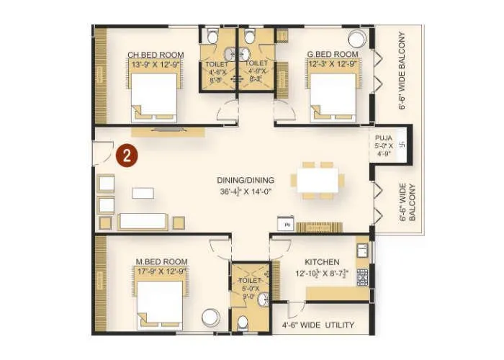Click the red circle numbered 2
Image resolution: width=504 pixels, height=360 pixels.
[x=126, y=156]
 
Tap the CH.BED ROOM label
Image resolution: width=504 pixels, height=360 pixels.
[x=155, y=55]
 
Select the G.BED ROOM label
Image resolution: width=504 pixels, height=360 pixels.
[x=333, y=55]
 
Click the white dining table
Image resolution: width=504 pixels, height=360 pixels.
[x=318, y=180]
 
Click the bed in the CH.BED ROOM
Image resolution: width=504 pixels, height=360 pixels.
[x=154, y=97]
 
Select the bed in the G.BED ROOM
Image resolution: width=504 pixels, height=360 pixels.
[x=333, y=97]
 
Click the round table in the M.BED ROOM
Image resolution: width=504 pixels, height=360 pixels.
[x=210, y=318]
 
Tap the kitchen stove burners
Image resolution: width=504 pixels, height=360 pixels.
[x=362, y=276]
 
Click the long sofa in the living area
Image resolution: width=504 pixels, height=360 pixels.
[x=143, y=222]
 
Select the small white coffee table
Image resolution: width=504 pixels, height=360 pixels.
[x=143, y=193]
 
